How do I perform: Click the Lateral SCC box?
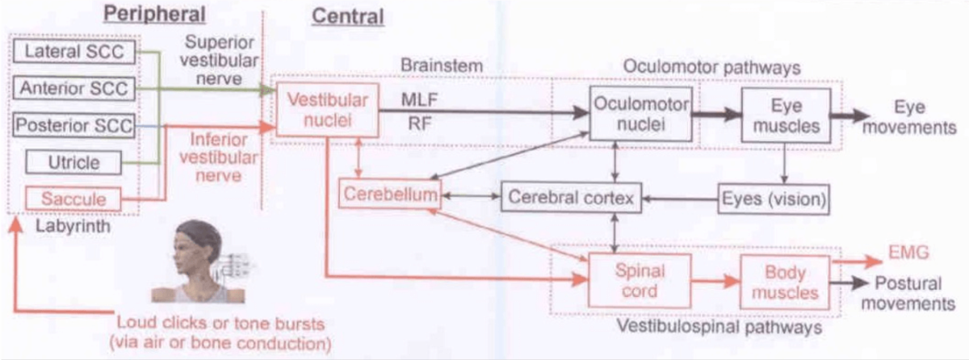(x=73, y=53)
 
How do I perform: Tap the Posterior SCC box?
(x=73, y=125)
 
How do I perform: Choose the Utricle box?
(x=73, y=162)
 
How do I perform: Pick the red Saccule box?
(x=73, y=198)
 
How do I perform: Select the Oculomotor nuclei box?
(x=640, y=115)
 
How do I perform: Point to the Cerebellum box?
(x=389, y=195)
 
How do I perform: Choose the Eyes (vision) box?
(x=774, y=196)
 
